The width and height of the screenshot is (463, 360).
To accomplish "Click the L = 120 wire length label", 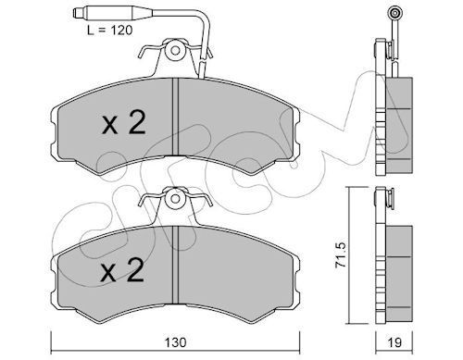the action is coord(109,31).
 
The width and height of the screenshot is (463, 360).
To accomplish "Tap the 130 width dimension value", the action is coord(175,342).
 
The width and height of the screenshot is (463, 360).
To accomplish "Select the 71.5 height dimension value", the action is coord(342,254).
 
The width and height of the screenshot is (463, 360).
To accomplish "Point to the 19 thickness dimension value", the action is coord(394,342).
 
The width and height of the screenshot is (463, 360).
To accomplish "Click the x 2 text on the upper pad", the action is coord(123,122).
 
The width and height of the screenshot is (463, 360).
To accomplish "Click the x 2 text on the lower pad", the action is coord(122,270).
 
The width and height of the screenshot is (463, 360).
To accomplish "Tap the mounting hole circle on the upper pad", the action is coord(175,51).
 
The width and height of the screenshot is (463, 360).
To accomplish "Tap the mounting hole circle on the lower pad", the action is coord(175,199).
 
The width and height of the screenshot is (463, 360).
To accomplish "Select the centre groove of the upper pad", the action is coord(175,117).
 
